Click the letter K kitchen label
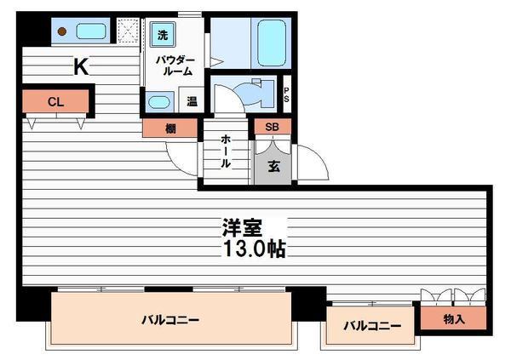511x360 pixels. pyautogui.click(x=81, y=66)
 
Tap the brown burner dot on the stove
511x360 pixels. pyautogui.click(x=62, y=31)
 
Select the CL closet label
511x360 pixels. pyautogui.click(x=55, y=102)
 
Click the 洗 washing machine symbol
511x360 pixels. pyautogui.click(x=163, y=35)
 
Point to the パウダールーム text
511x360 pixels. pyautogui.click(x=175, y=66)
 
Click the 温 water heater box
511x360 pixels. pyautogui.click(x=192, y=101)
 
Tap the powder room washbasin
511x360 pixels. pyautogui.click(x=159, y=102)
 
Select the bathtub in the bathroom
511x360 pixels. pyautogui.click(x=271, y=43)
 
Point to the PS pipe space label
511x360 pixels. pyautogui.click(x=286, y=94)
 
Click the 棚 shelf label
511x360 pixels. pyautogui.click(x=170, y=129)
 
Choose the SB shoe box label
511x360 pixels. pyautogui.click(x=273, y=127)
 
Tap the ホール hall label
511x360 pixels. pyautogui.click(x=226, y=151)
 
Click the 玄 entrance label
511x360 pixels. pyautogui.click(x=273, y=166)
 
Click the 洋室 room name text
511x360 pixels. pyautogui.click(x=242, y=227)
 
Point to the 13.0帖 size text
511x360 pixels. pyautogui.click(x=254, y=249)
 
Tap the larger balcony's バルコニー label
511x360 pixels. pyautogui.click(x=170, y=320)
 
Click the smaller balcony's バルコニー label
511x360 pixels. pyautogui.click(x=372, y=325)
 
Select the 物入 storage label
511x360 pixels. pyautogui.click(x=454, y=319)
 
